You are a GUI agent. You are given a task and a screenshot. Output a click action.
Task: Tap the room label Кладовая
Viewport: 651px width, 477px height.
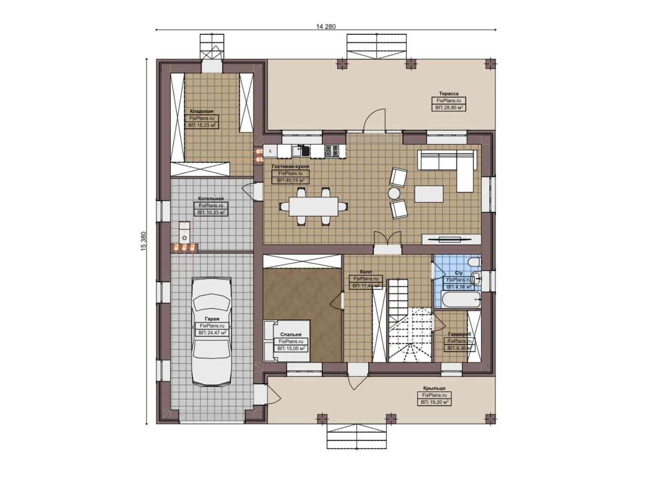[202, 111]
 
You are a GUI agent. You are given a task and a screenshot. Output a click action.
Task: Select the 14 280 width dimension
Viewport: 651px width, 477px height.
[326, 26]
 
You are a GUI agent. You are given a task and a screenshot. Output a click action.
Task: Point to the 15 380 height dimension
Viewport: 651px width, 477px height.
[143, 242]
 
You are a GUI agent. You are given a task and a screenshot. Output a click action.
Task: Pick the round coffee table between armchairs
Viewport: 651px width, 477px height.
[394, 193]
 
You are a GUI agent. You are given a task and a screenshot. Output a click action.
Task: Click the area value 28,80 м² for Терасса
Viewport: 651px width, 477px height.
[449, 107]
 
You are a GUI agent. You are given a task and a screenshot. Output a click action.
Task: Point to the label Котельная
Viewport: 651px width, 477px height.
[211, 199]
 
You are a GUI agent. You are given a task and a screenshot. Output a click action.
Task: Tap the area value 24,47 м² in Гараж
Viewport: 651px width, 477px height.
[213, 333]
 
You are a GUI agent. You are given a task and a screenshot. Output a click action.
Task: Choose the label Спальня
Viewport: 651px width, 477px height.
[291, 335]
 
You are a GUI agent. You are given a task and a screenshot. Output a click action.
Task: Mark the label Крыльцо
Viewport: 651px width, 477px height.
[434, 388]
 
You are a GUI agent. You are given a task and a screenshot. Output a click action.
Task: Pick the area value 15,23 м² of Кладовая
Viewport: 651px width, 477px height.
[202, 125]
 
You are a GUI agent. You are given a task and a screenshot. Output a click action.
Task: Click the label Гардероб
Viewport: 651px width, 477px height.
[459, 334]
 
